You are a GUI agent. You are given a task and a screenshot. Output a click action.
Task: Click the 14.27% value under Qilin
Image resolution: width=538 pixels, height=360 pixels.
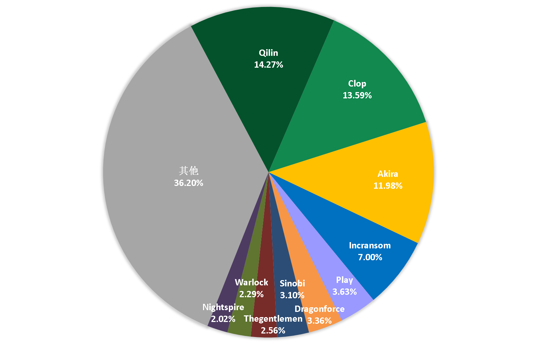[x=269, y=65]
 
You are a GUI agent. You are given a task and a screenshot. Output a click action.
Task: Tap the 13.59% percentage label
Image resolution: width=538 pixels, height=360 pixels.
[x=357, y=95]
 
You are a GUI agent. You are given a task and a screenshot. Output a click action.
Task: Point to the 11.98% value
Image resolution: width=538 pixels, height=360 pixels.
[x=388, y=186]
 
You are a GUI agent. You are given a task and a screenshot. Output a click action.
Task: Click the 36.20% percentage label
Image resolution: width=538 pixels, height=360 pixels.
[x=189, y=183]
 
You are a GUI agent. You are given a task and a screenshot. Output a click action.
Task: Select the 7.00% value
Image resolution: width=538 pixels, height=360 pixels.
[x=370, y=257]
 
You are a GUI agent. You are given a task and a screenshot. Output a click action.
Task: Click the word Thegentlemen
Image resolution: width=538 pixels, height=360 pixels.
[x=273, y=318]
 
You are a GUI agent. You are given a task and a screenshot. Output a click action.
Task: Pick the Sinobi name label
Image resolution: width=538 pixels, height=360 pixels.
[x=292, y=283]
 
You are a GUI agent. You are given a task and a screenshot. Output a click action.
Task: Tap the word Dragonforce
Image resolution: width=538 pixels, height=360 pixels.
[x=320, y=309]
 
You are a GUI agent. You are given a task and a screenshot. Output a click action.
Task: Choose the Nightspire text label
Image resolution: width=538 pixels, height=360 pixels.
[x=223, y=307]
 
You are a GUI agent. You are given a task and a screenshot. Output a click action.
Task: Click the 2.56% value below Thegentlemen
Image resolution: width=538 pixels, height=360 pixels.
[x=273, y=330]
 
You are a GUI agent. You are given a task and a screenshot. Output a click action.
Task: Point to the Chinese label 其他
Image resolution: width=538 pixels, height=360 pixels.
[x=189, y=171]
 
